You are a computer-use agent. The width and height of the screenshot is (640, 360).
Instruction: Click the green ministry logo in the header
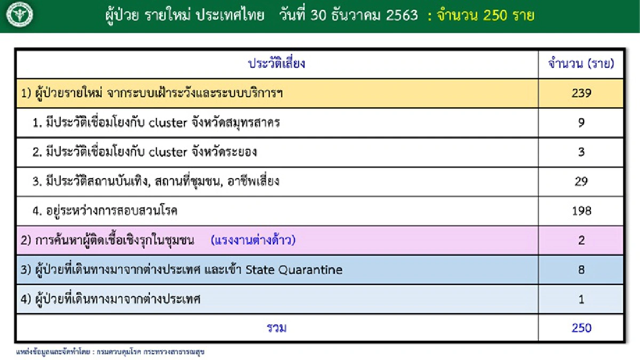click(20, 15)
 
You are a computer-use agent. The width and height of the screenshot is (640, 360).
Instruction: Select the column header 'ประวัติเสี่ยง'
click(276, 64)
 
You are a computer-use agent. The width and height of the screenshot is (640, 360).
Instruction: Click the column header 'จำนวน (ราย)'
click(581, 64)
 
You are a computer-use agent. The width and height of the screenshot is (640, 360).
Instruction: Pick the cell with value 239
click(581, 93)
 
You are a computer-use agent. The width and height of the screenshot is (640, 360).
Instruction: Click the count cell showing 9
click(581, 123)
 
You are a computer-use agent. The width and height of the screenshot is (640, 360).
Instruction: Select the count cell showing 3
click(581, 152)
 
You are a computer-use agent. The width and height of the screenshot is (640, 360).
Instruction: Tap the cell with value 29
click(581, 181)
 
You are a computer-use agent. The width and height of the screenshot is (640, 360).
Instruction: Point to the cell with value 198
click(581, 211)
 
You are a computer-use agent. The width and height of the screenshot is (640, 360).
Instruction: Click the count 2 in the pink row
click(581, 240)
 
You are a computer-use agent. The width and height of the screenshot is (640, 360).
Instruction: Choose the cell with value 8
click(581, 269)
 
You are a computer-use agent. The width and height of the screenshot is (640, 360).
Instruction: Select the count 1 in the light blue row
click(581, 299)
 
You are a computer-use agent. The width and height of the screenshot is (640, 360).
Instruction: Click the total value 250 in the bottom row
click(581, 327)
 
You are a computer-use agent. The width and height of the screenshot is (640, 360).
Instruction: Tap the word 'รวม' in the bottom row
click(276, 327)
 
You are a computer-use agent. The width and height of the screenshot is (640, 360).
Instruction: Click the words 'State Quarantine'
click(294, 270)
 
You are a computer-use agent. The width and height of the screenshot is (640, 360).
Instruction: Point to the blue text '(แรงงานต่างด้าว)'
click(253, 240)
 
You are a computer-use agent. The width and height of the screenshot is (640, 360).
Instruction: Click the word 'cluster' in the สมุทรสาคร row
click(167, 123)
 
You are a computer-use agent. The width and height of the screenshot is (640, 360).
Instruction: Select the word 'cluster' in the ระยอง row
click(167, 152)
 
